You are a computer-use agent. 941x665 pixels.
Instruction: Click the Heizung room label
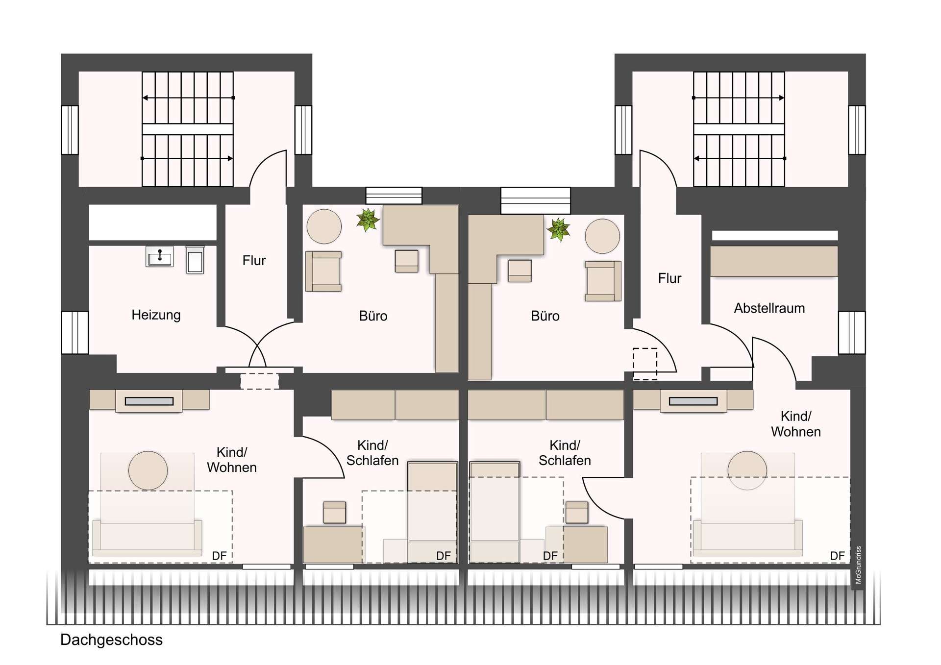coord(156,315)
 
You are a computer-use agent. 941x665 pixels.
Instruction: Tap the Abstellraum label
coord(769,308)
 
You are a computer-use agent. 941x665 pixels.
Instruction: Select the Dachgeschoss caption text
coord(111,640)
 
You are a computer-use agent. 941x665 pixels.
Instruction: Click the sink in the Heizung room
coord(159,257)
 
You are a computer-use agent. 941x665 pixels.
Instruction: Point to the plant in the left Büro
coord(368,220)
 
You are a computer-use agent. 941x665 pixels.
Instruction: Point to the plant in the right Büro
coord(558,229)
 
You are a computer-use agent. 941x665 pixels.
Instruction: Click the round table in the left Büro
coord(324,226)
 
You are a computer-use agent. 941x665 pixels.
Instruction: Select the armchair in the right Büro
coord(603,281)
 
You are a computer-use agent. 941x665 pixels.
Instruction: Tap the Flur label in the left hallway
coord(254,260)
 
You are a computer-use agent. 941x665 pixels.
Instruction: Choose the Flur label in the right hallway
coord(669,278)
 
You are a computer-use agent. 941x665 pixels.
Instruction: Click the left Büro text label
coord(373,316)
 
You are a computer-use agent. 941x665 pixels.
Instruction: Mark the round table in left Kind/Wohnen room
coord(148,470)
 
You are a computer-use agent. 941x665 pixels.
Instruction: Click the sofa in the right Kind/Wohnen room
coord(748,538)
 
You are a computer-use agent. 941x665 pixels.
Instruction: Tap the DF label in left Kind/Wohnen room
coord(219,556)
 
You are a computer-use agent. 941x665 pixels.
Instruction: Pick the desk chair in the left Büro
coord(407,261)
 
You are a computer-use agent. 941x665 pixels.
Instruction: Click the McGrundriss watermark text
coord(858,565)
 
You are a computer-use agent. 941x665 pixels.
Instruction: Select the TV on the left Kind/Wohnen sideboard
coord(149,401)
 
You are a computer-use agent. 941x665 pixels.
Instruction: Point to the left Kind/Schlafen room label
coord(372,453)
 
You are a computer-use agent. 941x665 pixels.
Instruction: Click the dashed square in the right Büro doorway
coord(645,364)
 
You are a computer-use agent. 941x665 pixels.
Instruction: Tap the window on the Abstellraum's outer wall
coord(852,333)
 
